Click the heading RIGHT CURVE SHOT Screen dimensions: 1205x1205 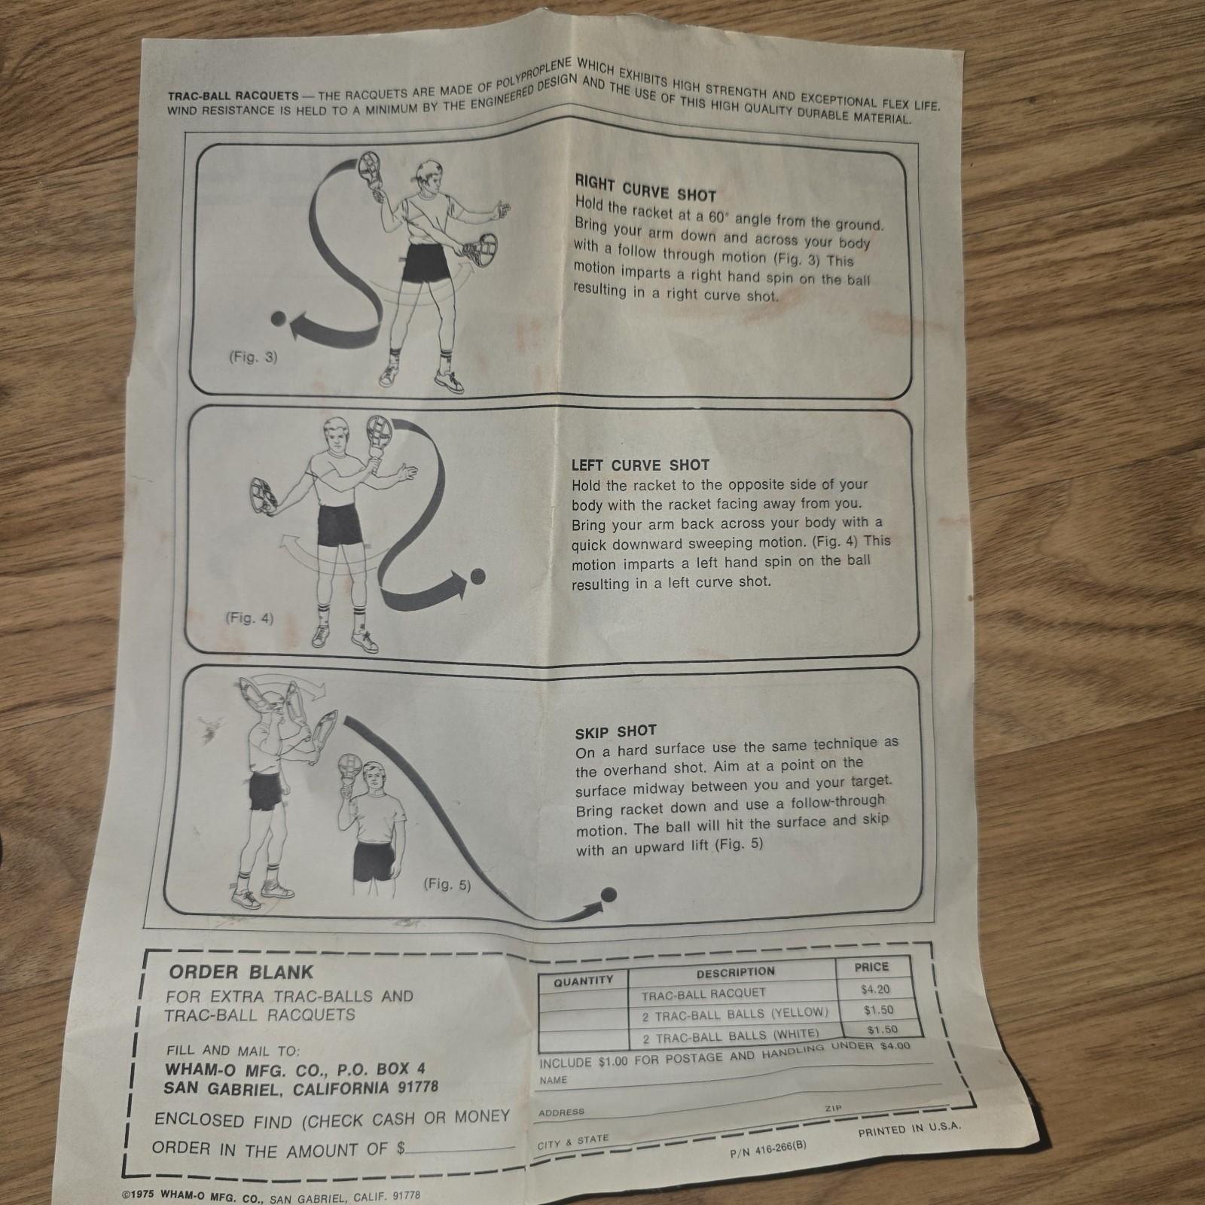click(645, 188)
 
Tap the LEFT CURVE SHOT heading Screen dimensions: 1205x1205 click(639, 465)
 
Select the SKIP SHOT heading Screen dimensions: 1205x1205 click(615, 731)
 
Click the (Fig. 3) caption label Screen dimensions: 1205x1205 click(253, 358)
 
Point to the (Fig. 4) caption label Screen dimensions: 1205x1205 click(249, 618)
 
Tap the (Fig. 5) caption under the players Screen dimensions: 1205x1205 click(447, 884)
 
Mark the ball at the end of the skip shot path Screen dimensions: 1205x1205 click(609, 895)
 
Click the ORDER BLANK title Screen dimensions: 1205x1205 click(241, 972)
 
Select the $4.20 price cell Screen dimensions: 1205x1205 click(875, 990)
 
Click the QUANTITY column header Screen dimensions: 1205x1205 click(583, 981)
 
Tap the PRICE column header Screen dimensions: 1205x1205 click(871, 966)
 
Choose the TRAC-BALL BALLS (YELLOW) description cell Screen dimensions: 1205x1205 click(734, 1014)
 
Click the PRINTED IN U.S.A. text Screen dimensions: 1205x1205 click(909, 1130)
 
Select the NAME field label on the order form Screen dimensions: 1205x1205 click(554, 1080)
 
